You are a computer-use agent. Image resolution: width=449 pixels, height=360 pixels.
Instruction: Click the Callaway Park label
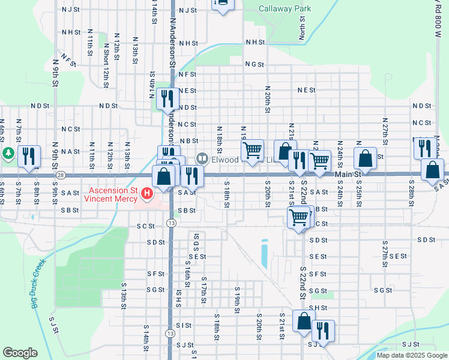tap(285, 9)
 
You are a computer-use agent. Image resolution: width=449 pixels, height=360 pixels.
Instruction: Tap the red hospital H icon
tap(147, 194)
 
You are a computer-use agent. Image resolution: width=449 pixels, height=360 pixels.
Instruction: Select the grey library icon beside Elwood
tap(202, 158)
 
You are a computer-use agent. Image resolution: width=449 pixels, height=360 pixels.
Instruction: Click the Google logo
tap(20, 353)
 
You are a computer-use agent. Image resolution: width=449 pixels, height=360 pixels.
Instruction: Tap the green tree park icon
tap(8, 154)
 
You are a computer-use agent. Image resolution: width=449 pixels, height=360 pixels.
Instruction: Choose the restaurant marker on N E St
tap(167, 98)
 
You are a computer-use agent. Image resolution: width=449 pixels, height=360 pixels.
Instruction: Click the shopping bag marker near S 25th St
tap(364, 159)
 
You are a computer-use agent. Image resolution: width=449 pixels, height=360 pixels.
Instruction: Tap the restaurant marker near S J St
tap(323, 331)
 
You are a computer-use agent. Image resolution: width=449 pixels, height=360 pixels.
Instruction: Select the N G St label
tap(254, 64)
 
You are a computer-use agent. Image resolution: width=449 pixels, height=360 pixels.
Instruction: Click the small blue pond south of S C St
tap(264, 254)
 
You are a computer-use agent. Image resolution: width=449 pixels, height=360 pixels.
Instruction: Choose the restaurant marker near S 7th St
tap(29, 157)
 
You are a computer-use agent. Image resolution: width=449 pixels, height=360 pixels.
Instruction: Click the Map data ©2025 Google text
tap(412, 355)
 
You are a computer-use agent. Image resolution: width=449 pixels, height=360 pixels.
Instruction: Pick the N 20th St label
tap(267, 98)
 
